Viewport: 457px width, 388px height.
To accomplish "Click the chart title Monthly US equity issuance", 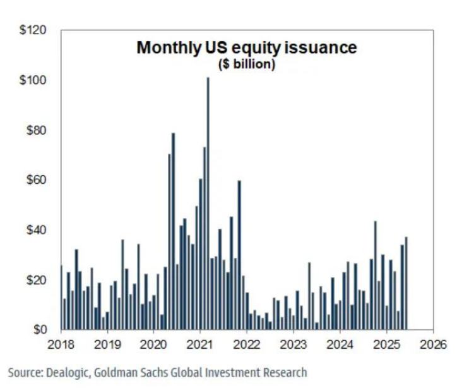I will [247, 49].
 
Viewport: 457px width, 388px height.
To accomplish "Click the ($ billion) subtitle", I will [247, 65].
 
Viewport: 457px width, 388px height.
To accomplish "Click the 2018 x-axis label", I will [61, 344].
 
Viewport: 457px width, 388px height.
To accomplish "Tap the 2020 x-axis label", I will [153, 344].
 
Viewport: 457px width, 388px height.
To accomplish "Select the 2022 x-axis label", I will [247, 344].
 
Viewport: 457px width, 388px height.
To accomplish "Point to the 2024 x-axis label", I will [340, 344].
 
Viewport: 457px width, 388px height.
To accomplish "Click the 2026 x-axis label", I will [433, 344].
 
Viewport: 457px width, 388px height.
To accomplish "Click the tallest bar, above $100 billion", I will [208, 202].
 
